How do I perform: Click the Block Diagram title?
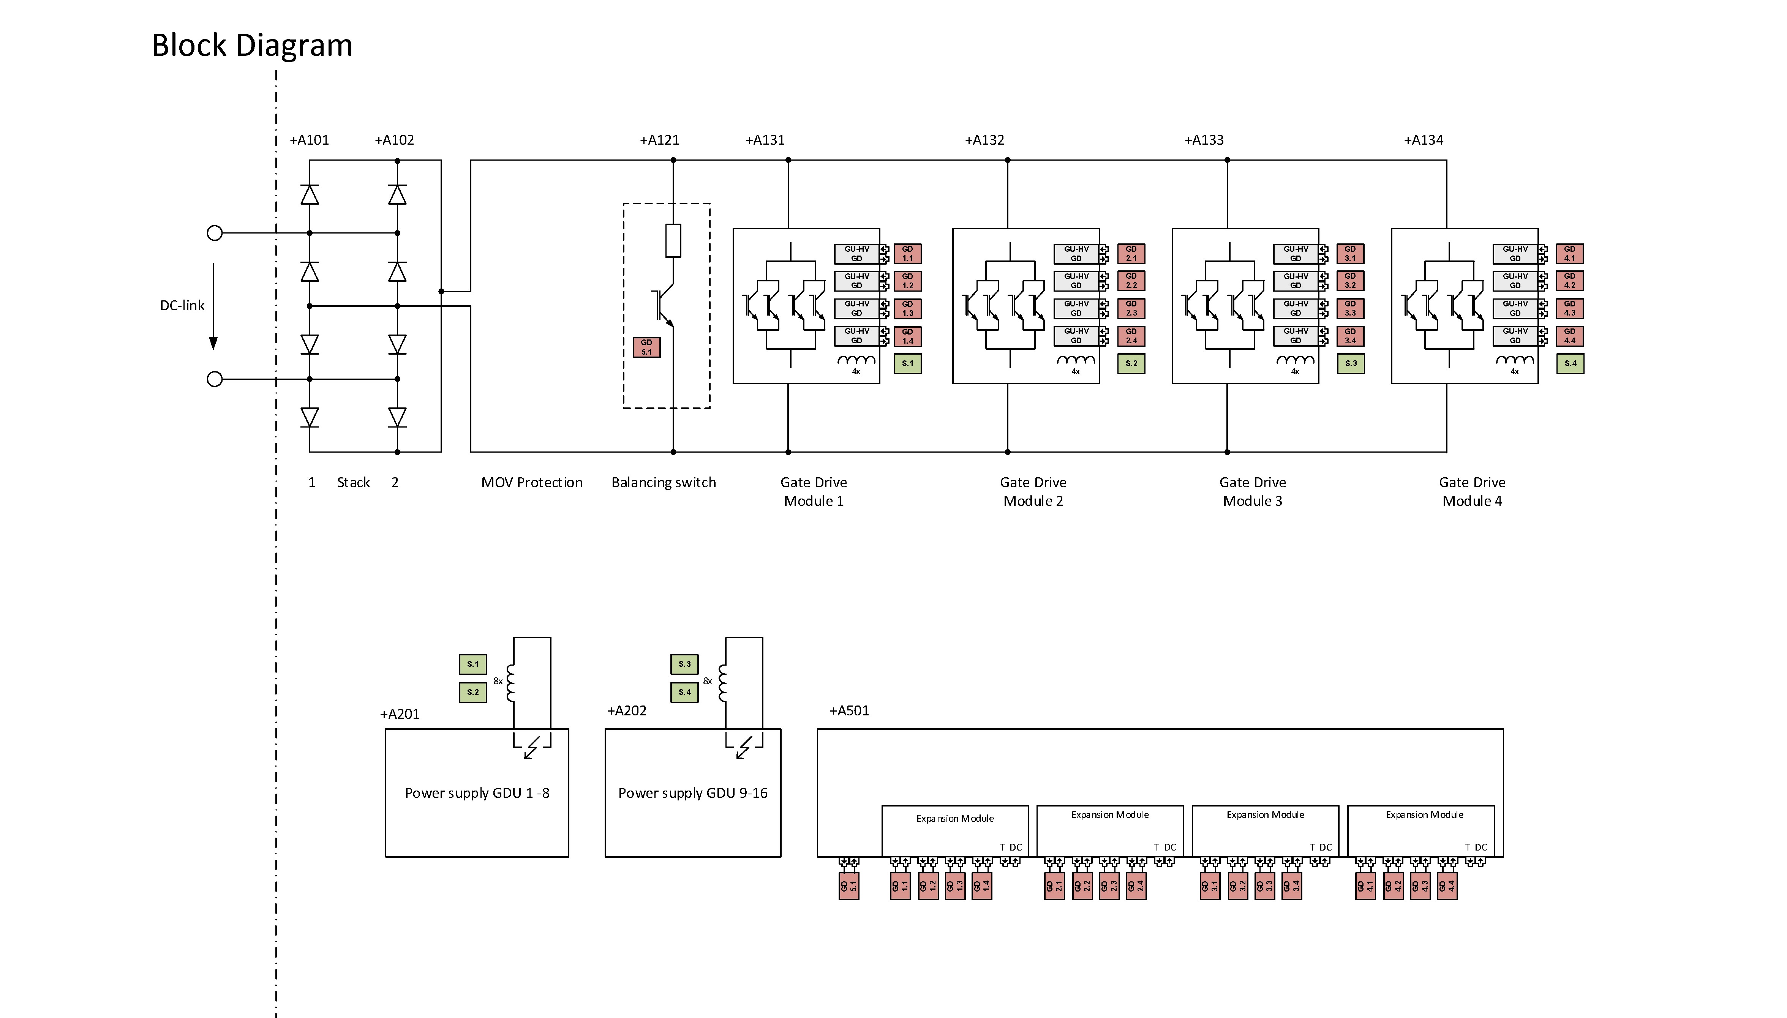(252, 46)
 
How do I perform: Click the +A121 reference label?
(659, 140)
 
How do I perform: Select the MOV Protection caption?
(531, 483)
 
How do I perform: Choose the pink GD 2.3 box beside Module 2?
(1131, 308)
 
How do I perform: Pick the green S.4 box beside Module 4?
(1570, 364)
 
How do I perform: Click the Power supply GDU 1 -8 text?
(477, 793)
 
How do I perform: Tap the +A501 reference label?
(849, 710)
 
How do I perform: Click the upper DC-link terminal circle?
(215, 233)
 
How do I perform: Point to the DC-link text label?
(182, 306)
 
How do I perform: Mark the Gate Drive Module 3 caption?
(1252, 491)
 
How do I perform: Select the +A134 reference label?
(1424, 140)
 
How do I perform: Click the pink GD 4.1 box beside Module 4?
(1570, 253)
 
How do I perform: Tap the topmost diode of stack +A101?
(310, 194)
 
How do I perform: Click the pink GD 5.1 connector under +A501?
(849, 886)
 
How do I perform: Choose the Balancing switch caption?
(664, 483)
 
